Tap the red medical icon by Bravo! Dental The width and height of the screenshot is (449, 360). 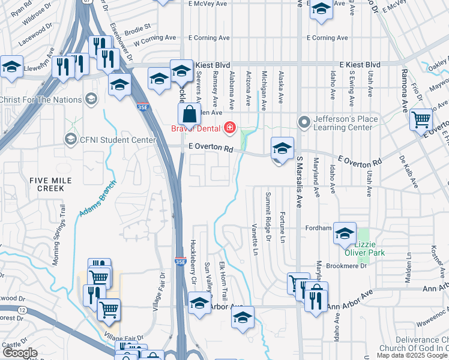pos(229,127)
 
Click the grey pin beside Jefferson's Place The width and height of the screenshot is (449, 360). pos(304,123)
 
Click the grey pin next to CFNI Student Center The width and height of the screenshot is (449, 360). pos(70,140)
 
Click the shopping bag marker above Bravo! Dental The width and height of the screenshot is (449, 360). pos(189,113)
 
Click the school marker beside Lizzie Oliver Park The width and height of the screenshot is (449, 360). pos(345,235)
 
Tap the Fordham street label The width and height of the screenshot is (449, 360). pos(318,228)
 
